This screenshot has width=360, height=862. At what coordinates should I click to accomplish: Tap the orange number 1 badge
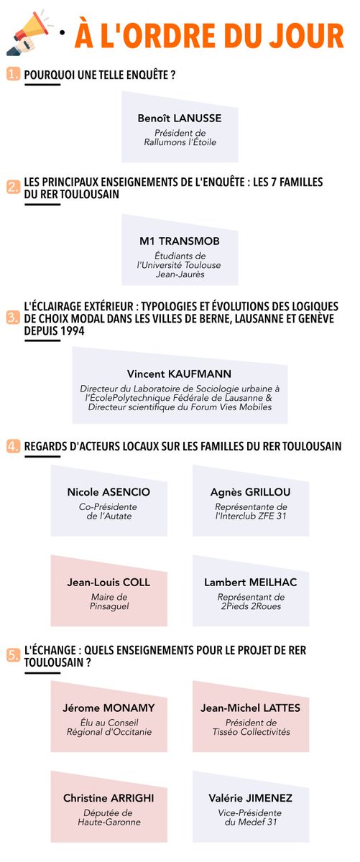13,75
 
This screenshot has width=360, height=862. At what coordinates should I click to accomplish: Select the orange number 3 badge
13,318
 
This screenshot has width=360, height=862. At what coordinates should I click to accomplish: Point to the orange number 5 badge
13,654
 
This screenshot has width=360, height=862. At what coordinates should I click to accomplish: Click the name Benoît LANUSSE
180,118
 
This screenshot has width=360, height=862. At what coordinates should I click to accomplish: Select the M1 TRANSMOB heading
180,241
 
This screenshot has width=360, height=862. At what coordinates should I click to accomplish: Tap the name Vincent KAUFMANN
180,374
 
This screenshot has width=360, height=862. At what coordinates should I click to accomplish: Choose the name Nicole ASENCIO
109,492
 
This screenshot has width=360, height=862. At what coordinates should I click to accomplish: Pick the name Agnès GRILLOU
251,492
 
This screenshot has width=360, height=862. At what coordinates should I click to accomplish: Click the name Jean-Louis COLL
109,583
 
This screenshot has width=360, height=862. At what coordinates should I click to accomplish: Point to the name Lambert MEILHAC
251,583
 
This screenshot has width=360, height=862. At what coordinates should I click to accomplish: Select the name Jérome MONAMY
109,708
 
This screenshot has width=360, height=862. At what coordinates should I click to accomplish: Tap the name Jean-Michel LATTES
251,708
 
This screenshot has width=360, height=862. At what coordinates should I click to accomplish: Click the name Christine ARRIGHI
109,798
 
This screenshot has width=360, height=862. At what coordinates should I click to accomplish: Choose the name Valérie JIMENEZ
251,798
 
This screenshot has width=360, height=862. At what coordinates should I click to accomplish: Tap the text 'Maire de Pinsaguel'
109,601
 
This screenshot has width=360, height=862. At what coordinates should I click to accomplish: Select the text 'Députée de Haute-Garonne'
109,817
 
